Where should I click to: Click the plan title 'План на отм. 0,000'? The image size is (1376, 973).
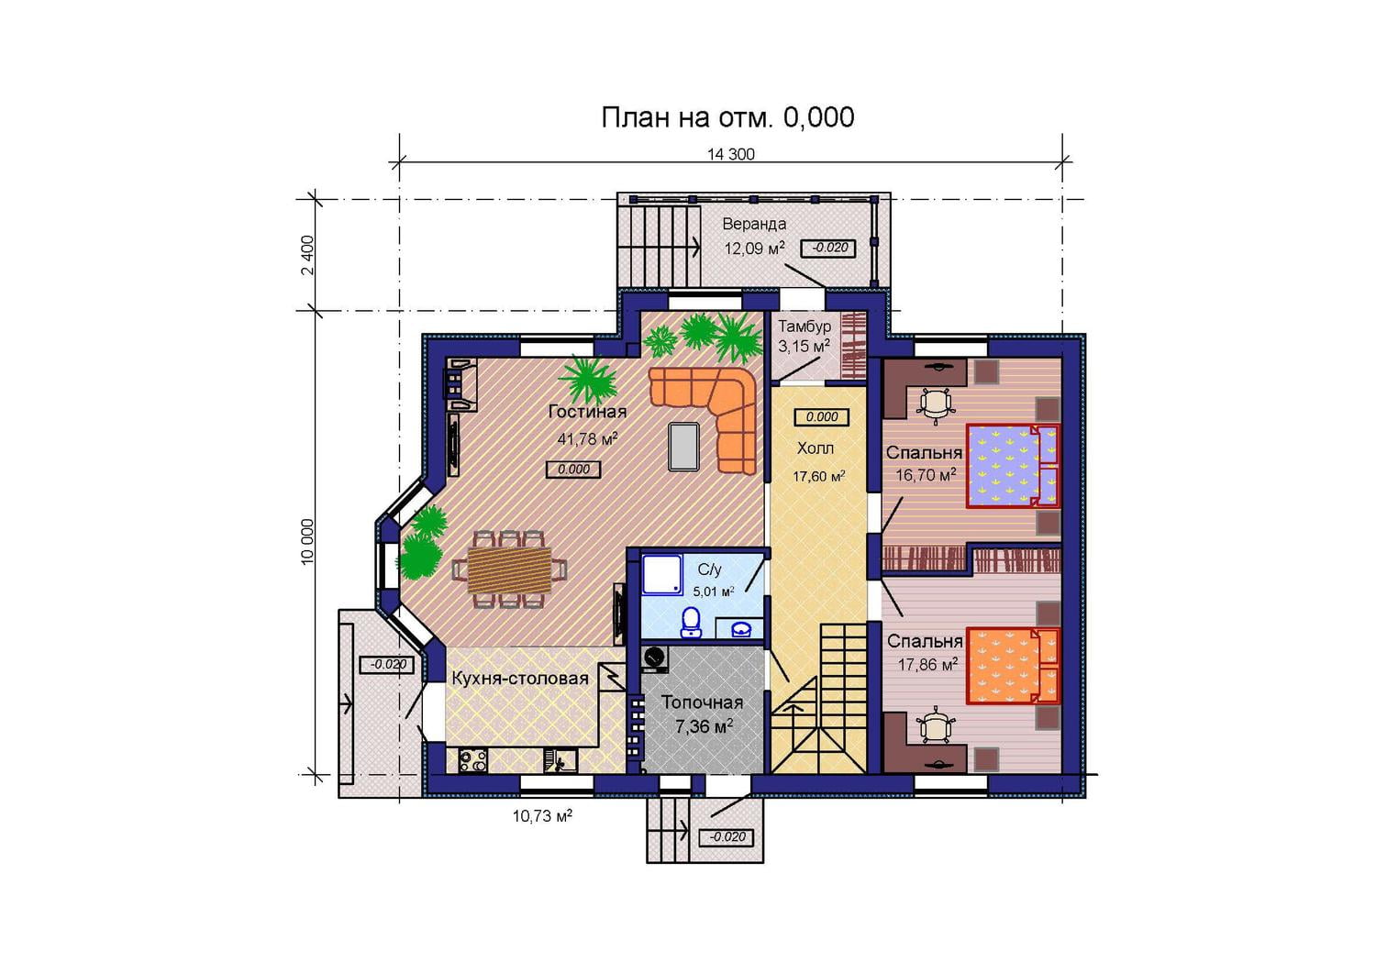pyautogui.click(x=727, y=117)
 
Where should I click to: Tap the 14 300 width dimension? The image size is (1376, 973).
pyautogui.click(x=730, y=154)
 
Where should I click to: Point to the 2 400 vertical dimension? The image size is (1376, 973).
pyautogui.click(x=307, y=255)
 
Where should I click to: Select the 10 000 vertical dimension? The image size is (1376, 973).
pyautogui.click(x=307, y=541)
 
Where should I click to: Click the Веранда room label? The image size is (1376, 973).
pyautogui.click(x=754, y=224)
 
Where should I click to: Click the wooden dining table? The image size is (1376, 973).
pyautogui.click(x=509, y=569)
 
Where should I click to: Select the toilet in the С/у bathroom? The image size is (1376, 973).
pyautogui.click(x=692, y=622)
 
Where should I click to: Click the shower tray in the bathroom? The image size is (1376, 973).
pyautogui.click(x=662, y=574)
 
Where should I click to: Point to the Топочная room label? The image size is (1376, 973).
pyautogui.click(x=702, y=702)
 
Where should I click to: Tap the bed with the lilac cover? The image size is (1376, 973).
pyautogui.click(x=1013, y=466)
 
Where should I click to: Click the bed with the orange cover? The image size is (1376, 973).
pyautogui.click(x=1013, y=665)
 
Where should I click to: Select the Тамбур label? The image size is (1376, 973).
pyautogui.click(x=805, y=326)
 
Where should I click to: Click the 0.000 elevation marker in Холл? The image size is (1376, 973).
pyautogui.click(x=822, y=417)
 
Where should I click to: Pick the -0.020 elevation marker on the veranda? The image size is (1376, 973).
pyautogui.click(x=829, y=248)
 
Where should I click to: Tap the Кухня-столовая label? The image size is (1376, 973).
pyautogui.click(x=520, y=679)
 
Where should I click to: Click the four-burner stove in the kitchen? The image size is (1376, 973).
pyautogui.click(x=473, y=760)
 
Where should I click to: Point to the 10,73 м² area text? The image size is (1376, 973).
pyautogui.click(x=542, y=816)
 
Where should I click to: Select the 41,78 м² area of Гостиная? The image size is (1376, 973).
pyautogui.click(x=587, y=438)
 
